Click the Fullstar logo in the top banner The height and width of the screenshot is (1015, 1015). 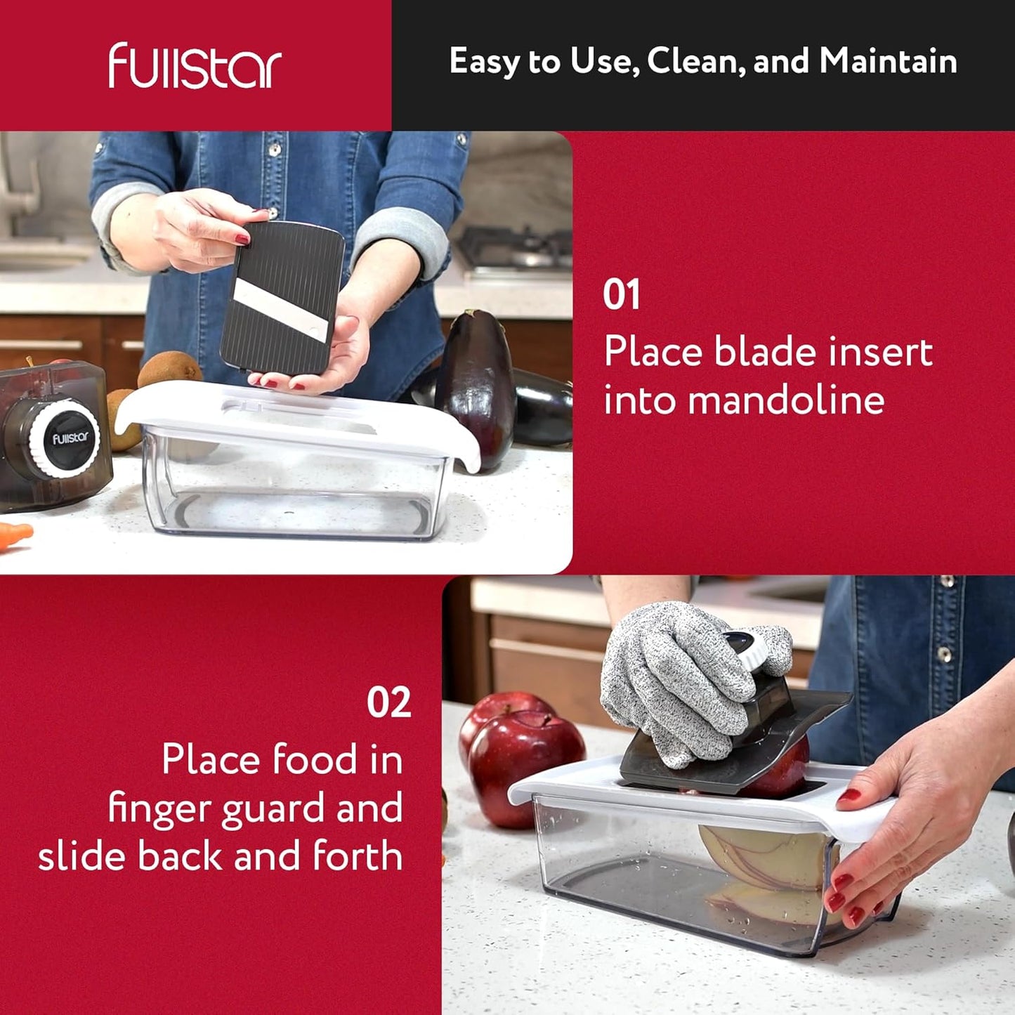[x=195, y=66]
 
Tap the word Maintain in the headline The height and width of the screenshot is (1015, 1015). [x=888, y=61]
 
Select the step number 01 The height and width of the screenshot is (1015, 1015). [x=621, y=295]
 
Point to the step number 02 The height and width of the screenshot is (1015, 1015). [x=388, y=702]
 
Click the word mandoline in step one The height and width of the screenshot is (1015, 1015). [x=785, y=400]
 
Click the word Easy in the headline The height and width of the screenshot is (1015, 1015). [x=485, y=61]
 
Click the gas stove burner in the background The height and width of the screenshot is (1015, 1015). [x=516, y=249]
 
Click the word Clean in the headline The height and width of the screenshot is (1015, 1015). [x=695, y=61]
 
